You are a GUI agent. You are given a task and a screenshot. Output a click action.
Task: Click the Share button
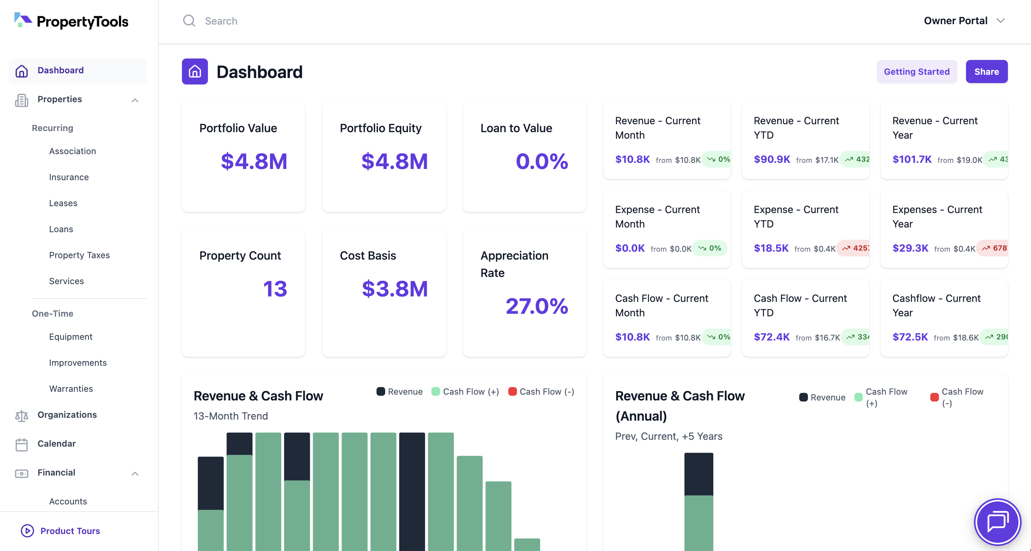pos(986,72)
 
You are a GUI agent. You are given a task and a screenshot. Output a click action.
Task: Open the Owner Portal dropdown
pos(964,21)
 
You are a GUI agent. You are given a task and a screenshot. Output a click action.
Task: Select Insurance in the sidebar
pos(69,177)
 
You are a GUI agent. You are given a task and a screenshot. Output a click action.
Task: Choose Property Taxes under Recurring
pos(79,255)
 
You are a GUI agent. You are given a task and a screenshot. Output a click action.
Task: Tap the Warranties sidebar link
pos(71,389)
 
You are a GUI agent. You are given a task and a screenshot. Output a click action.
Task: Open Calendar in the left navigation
pos(56,443)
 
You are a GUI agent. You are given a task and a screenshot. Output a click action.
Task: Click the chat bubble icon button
pos(997,522)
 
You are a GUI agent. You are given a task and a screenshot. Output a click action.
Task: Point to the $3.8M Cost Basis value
pos(394,289)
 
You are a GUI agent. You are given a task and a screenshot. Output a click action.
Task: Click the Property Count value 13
pos(275,289)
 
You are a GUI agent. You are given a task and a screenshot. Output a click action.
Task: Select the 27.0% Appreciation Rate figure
pos(536,306)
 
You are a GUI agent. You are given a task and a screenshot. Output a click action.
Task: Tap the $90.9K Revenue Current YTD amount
pos(772,159)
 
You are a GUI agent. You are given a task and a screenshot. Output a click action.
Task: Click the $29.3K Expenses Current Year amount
pos(910,248)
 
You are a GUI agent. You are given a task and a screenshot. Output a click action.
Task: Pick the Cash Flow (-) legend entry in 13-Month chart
pos(541,392)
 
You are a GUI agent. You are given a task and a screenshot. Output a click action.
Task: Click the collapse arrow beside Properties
pos(135,100)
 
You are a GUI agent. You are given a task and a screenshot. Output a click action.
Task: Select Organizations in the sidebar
pos(67,415)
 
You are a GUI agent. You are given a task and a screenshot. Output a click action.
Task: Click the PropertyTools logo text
pos(82,21)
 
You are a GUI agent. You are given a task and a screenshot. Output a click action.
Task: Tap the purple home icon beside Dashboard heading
pos(195,72)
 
